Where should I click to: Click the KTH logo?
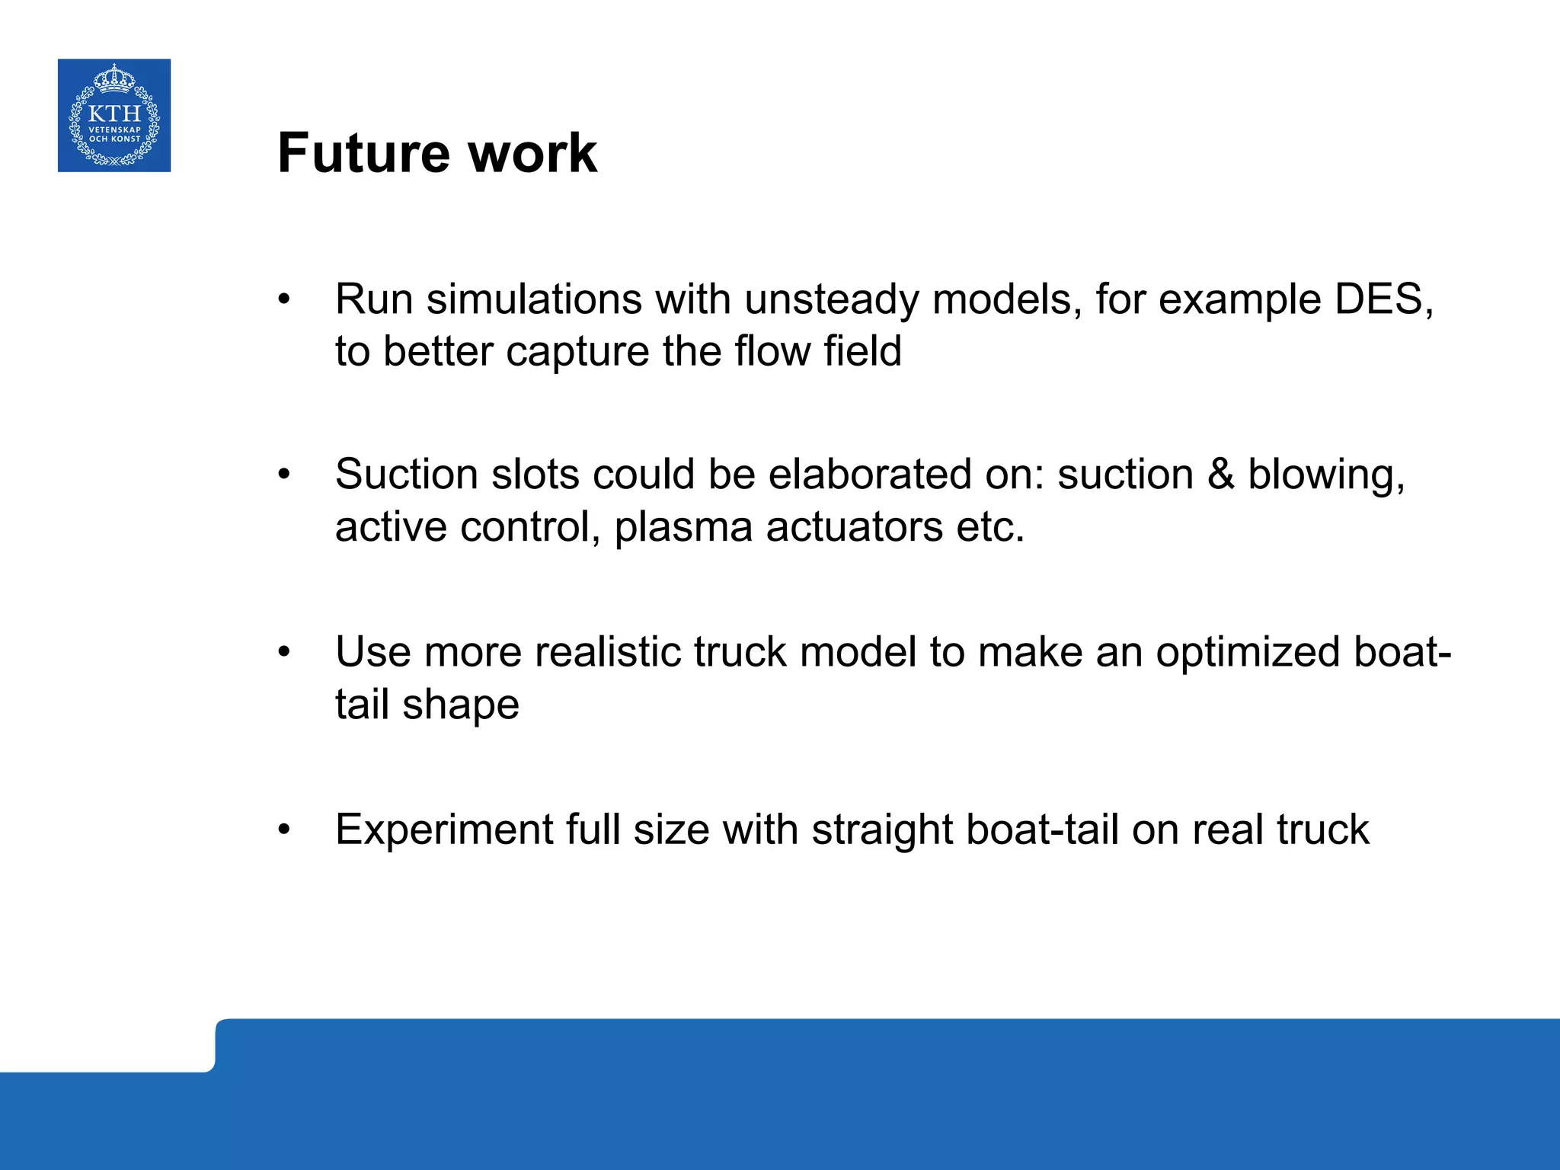click(x=114, y=115)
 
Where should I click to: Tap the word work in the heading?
click(x=532, y=153)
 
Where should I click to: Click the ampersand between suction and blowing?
click(x=1220, y=474)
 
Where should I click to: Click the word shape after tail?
click(x=461, y=705)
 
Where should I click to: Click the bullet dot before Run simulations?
click(x=284, y=299)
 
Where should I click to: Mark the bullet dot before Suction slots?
click(x=284, y=475)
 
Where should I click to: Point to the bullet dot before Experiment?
click(x=284, y=830)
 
